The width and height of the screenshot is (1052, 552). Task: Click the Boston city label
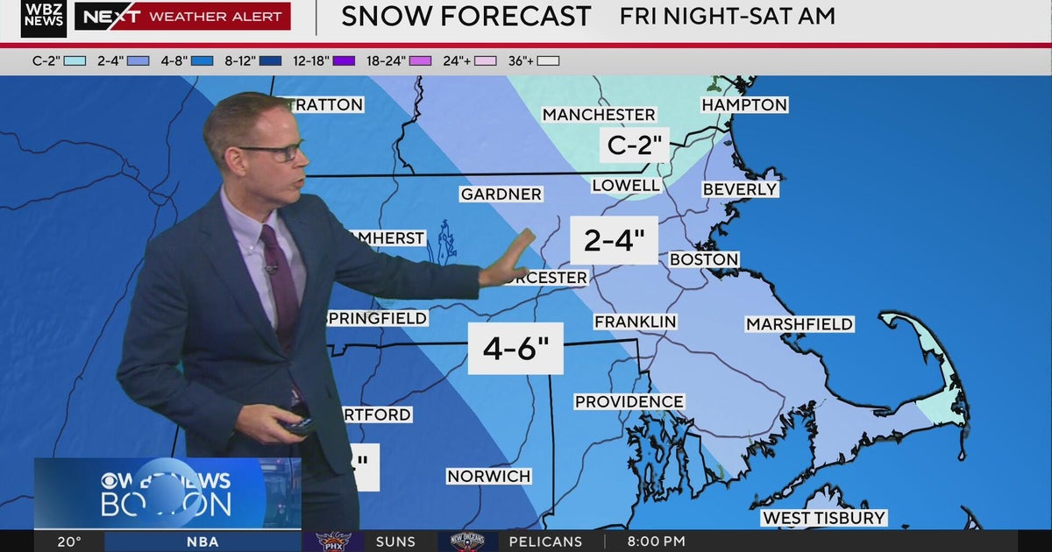pyautogui.click(x=704, y=259)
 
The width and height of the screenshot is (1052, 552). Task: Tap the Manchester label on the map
pyautogui.click(x=599, y=115)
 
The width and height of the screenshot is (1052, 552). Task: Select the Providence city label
pyautogui.click(x=629, y=401)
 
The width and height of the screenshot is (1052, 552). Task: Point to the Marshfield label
pyautogui.click(x=799, y=324)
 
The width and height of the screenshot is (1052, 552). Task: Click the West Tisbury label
pyautogui.click(x=823, y=518)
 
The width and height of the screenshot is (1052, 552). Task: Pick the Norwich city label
pyautogui.click(x=488, y=477)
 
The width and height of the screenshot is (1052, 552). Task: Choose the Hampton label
pyautogui.click(x=744, y=105)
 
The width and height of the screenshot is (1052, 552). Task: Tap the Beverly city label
pyautogui.click(x=740, y=189)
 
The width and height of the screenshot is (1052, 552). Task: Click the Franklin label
pyautogui.click(x=635, y=322)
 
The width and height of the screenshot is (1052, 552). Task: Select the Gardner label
pyautogui.click(x=501, y=194)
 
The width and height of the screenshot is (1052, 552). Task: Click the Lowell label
pyautogui.click(x=626, y=185)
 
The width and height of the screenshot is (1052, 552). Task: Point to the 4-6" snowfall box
pyautogui.click(x=515, y=348)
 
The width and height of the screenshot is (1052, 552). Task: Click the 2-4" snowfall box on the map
pyautogui.click(x=614, y=239)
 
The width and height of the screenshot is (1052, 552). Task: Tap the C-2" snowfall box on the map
pyautogui.click(x=634, y=145)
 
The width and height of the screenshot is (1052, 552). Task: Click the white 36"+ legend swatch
pyautogui.click(x=549, y=61)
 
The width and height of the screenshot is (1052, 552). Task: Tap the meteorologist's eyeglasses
pyautogui.click(x=274, y=152)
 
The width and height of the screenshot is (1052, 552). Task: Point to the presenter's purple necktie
pyautogui.click(x=281, y=280)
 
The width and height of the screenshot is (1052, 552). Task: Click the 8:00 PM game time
pyautogui.click(x=656, y=541)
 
